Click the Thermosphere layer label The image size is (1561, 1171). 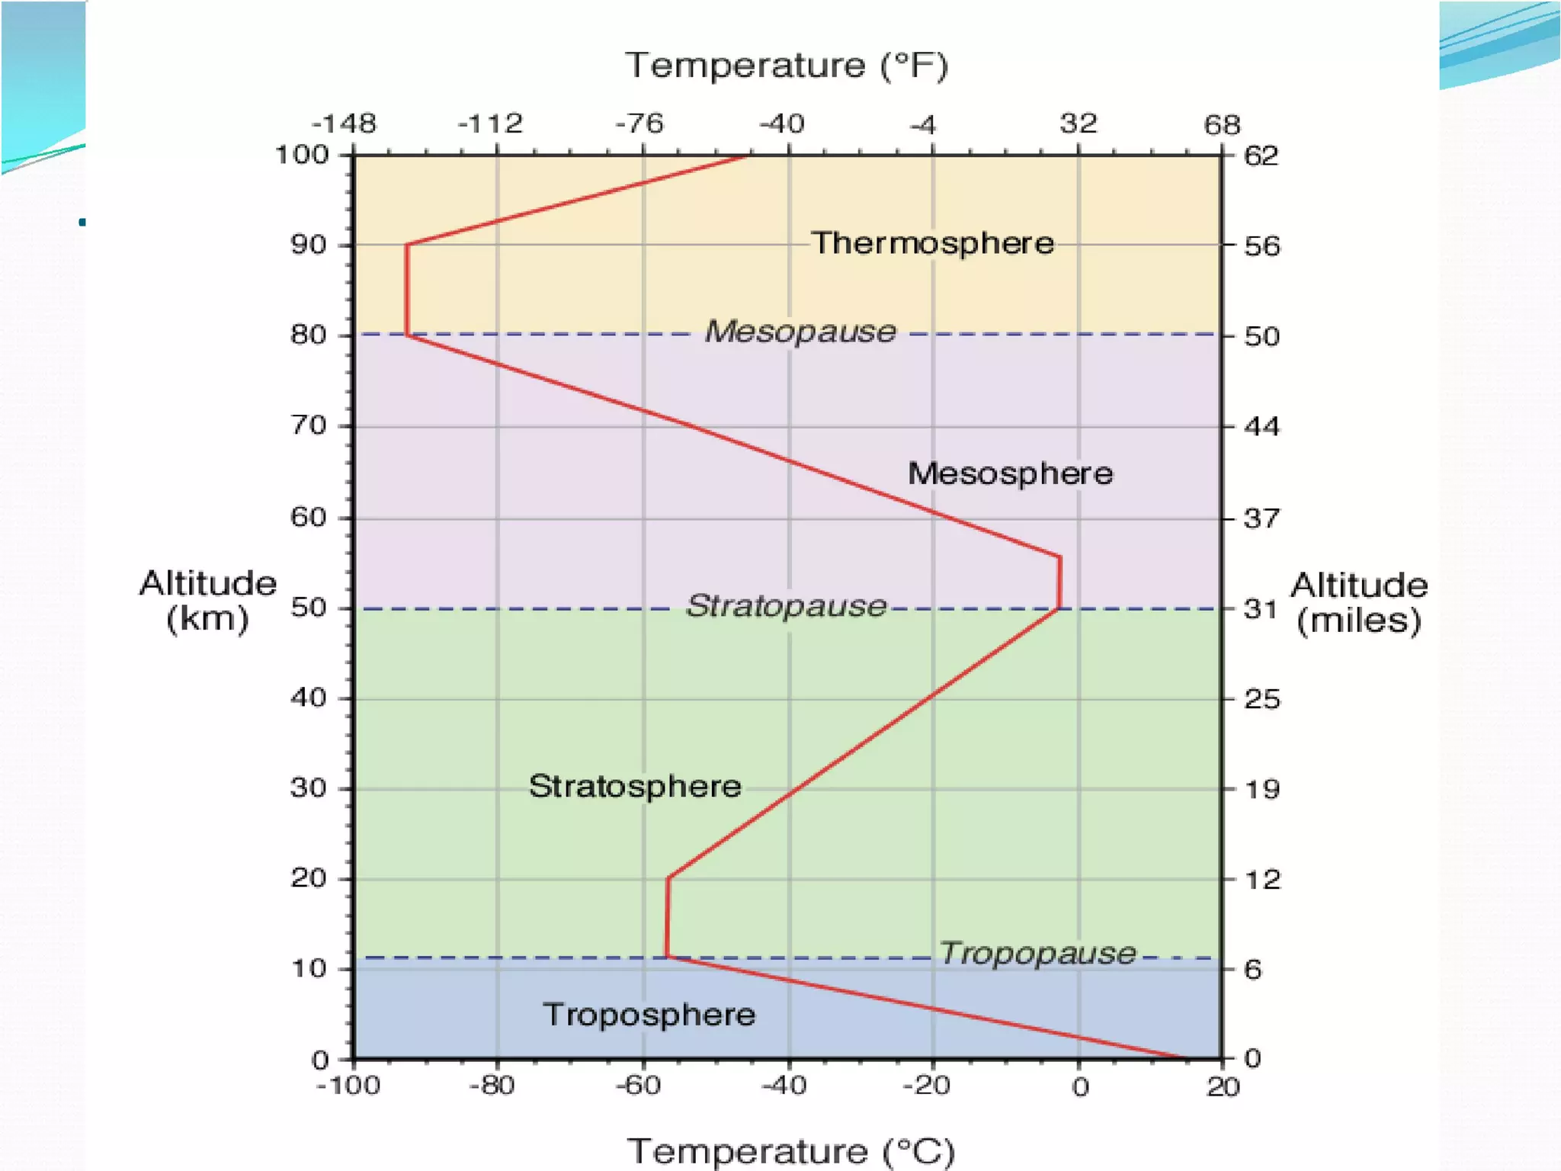(x=932, y=243)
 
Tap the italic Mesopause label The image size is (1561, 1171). (x=800, y=332)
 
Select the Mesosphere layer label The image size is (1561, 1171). (x=1010, y=473)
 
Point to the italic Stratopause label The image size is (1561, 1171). (x=787, y=606)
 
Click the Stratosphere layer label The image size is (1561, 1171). (x=635, y=786)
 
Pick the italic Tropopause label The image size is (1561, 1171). (x=1037, y=953)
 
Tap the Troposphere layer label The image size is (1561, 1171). (x=649, y=1015)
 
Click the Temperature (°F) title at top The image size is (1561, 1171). (x=787, y=66)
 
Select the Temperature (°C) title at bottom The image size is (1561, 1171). (x=790, y=1150)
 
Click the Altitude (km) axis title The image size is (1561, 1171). (x=207, y=601)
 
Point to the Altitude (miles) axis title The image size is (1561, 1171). (x=1359, y=603)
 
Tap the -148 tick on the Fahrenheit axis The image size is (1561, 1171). (x=344, y=124)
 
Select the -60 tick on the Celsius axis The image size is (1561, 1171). (x=639, y=1086)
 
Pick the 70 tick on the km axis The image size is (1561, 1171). (x=309, y=425)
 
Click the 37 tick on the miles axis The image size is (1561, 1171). (x=1261, y=518)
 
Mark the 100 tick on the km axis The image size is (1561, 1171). (x=302, y=155)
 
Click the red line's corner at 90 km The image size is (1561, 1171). (x=407, y=245)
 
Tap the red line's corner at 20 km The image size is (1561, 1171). (x=668, y=878)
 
